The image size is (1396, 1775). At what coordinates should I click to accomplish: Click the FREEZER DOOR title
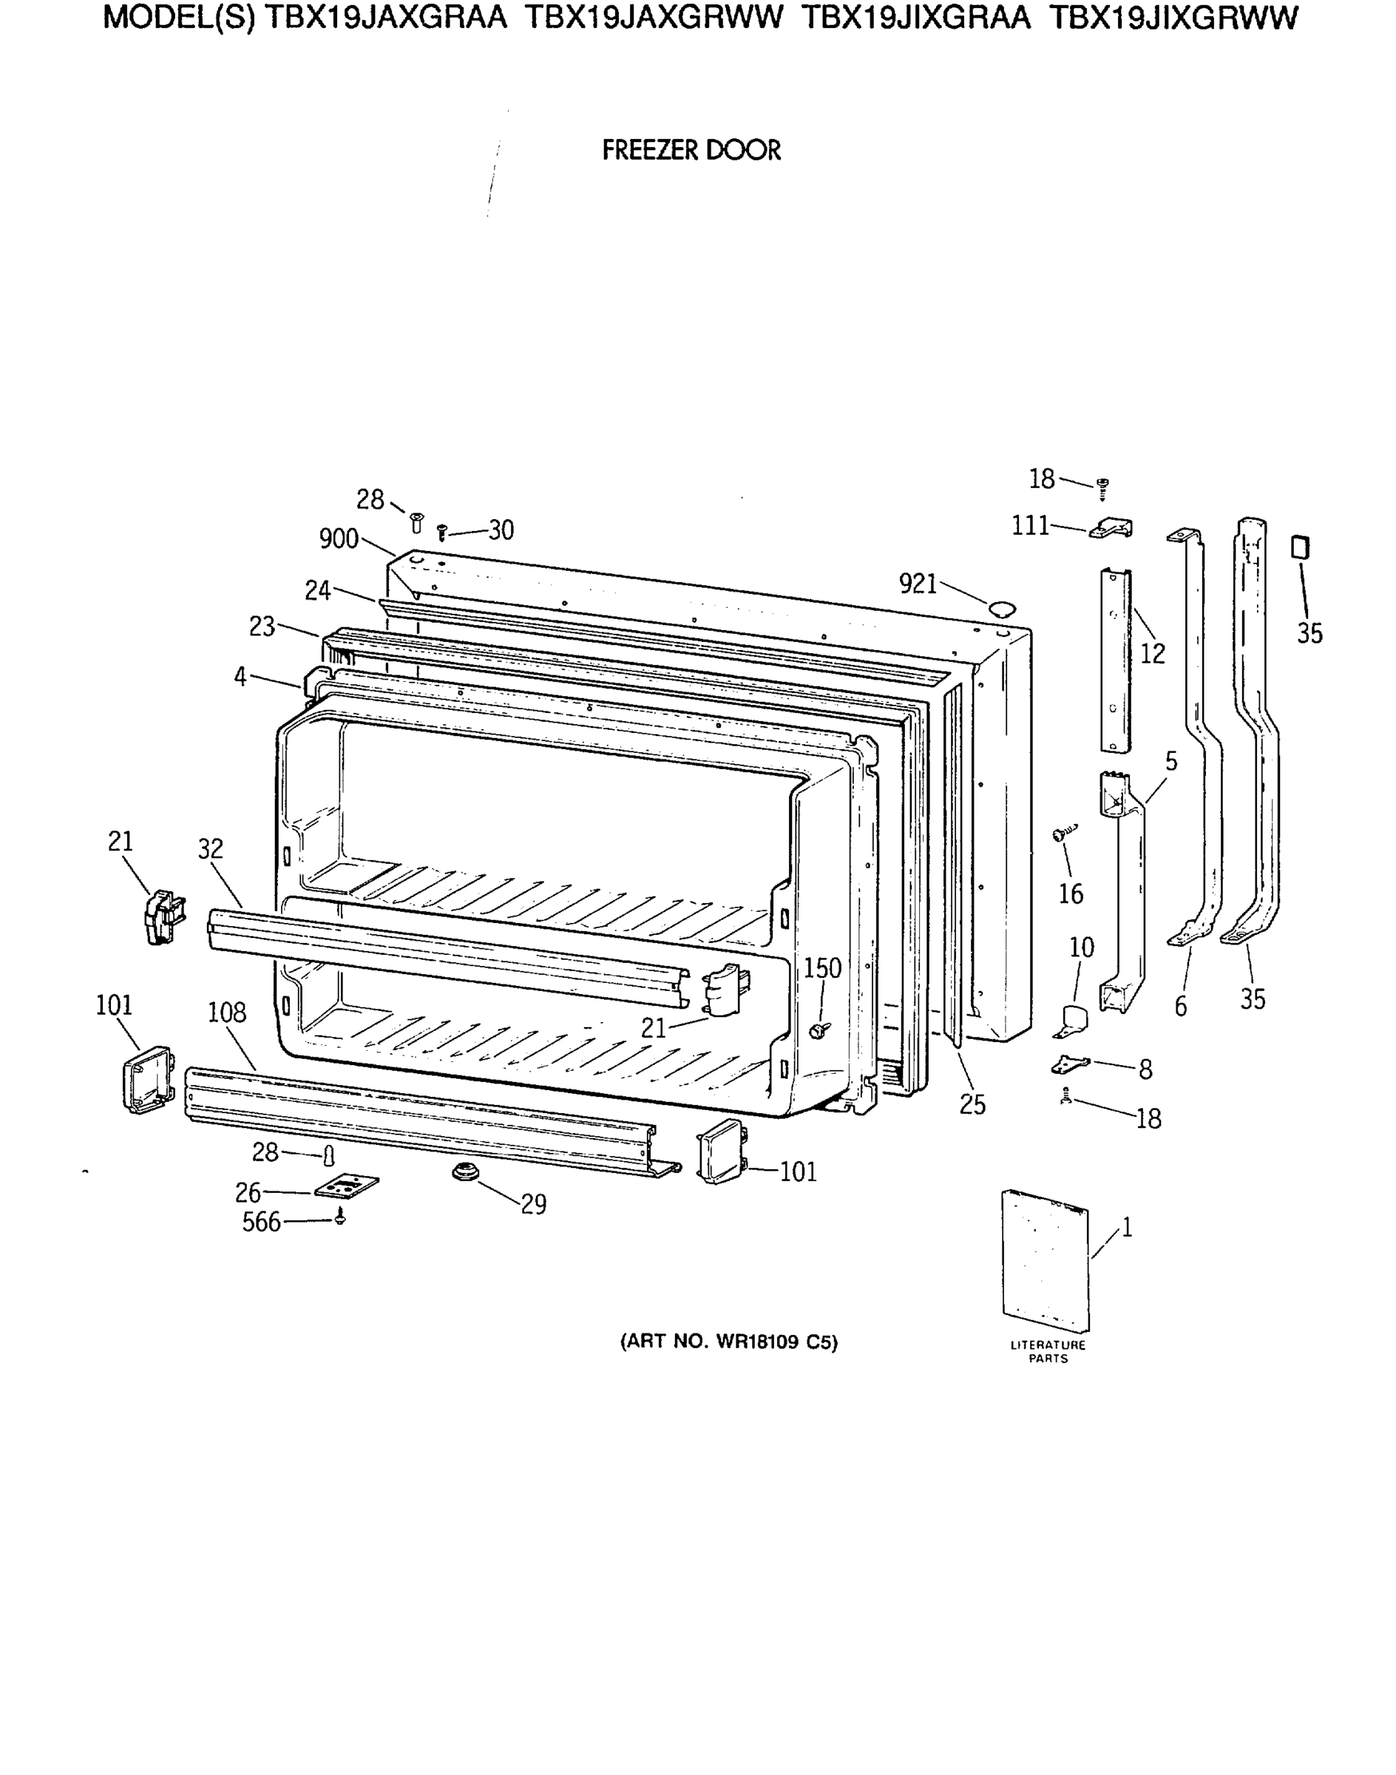691,150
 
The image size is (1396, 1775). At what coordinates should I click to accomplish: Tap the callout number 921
917,584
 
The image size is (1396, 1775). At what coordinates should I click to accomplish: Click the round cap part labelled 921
1001,607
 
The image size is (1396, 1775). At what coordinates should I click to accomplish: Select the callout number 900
339,539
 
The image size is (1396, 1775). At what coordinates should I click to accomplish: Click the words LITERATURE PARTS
1048,1351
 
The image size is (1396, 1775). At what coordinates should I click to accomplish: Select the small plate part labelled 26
347,1187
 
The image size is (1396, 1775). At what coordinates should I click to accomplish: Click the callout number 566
261,1223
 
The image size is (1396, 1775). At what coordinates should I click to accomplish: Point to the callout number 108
226,1013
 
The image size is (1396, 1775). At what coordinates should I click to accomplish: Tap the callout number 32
210,848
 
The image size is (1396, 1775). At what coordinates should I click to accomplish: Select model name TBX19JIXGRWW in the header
1173,18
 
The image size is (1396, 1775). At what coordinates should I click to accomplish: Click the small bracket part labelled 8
1070,1064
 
